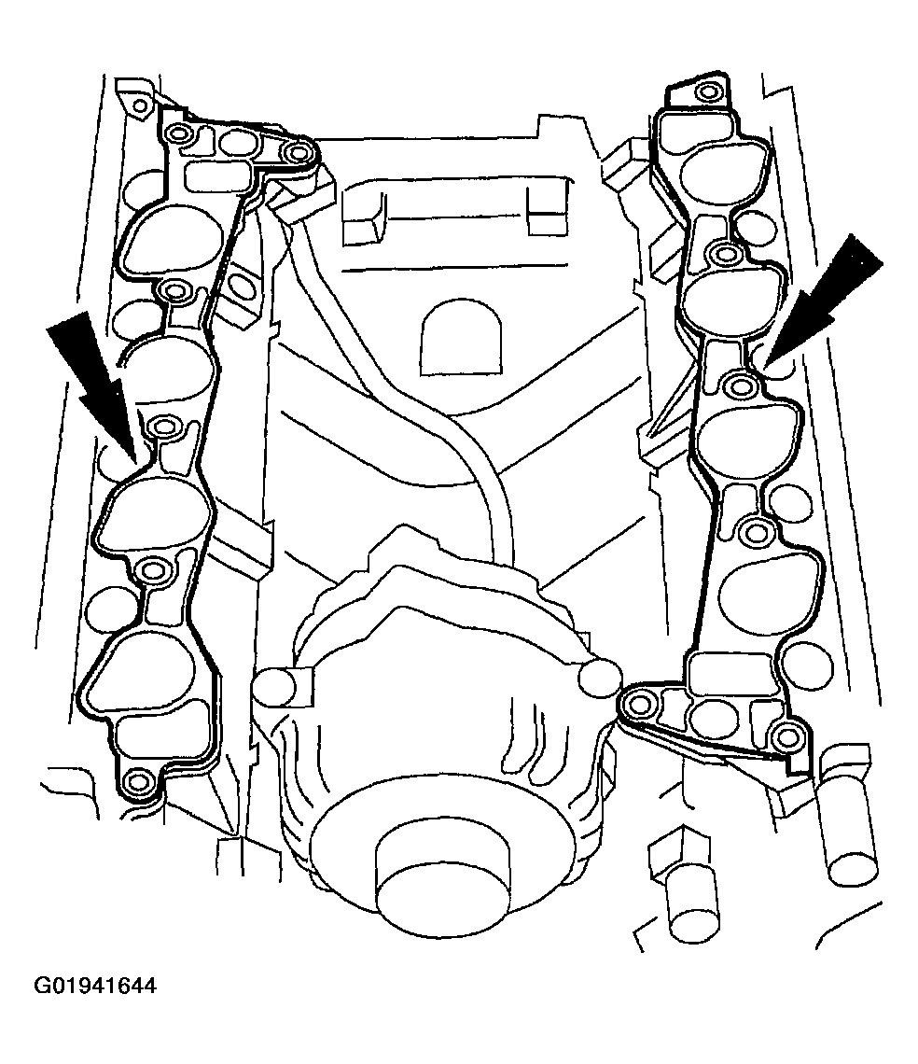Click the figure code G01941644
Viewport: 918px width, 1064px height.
pyautogui.click(x=95, y=985)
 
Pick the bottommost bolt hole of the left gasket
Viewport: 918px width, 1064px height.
pyautogui.click(x=138, y=781)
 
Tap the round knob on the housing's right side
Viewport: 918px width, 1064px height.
pyautogui.click(x=600, y=676)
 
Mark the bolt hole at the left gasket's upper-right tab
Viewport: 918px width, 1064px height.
pyautogui.click(x=297, y=153)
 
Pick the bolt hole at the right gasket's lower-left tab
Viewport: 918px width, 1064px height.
pyautogui.click(x=638, y=705)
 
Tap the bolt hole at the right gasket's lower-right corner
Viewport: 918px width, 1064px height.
pyautogui.click(x=785, y=735)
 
